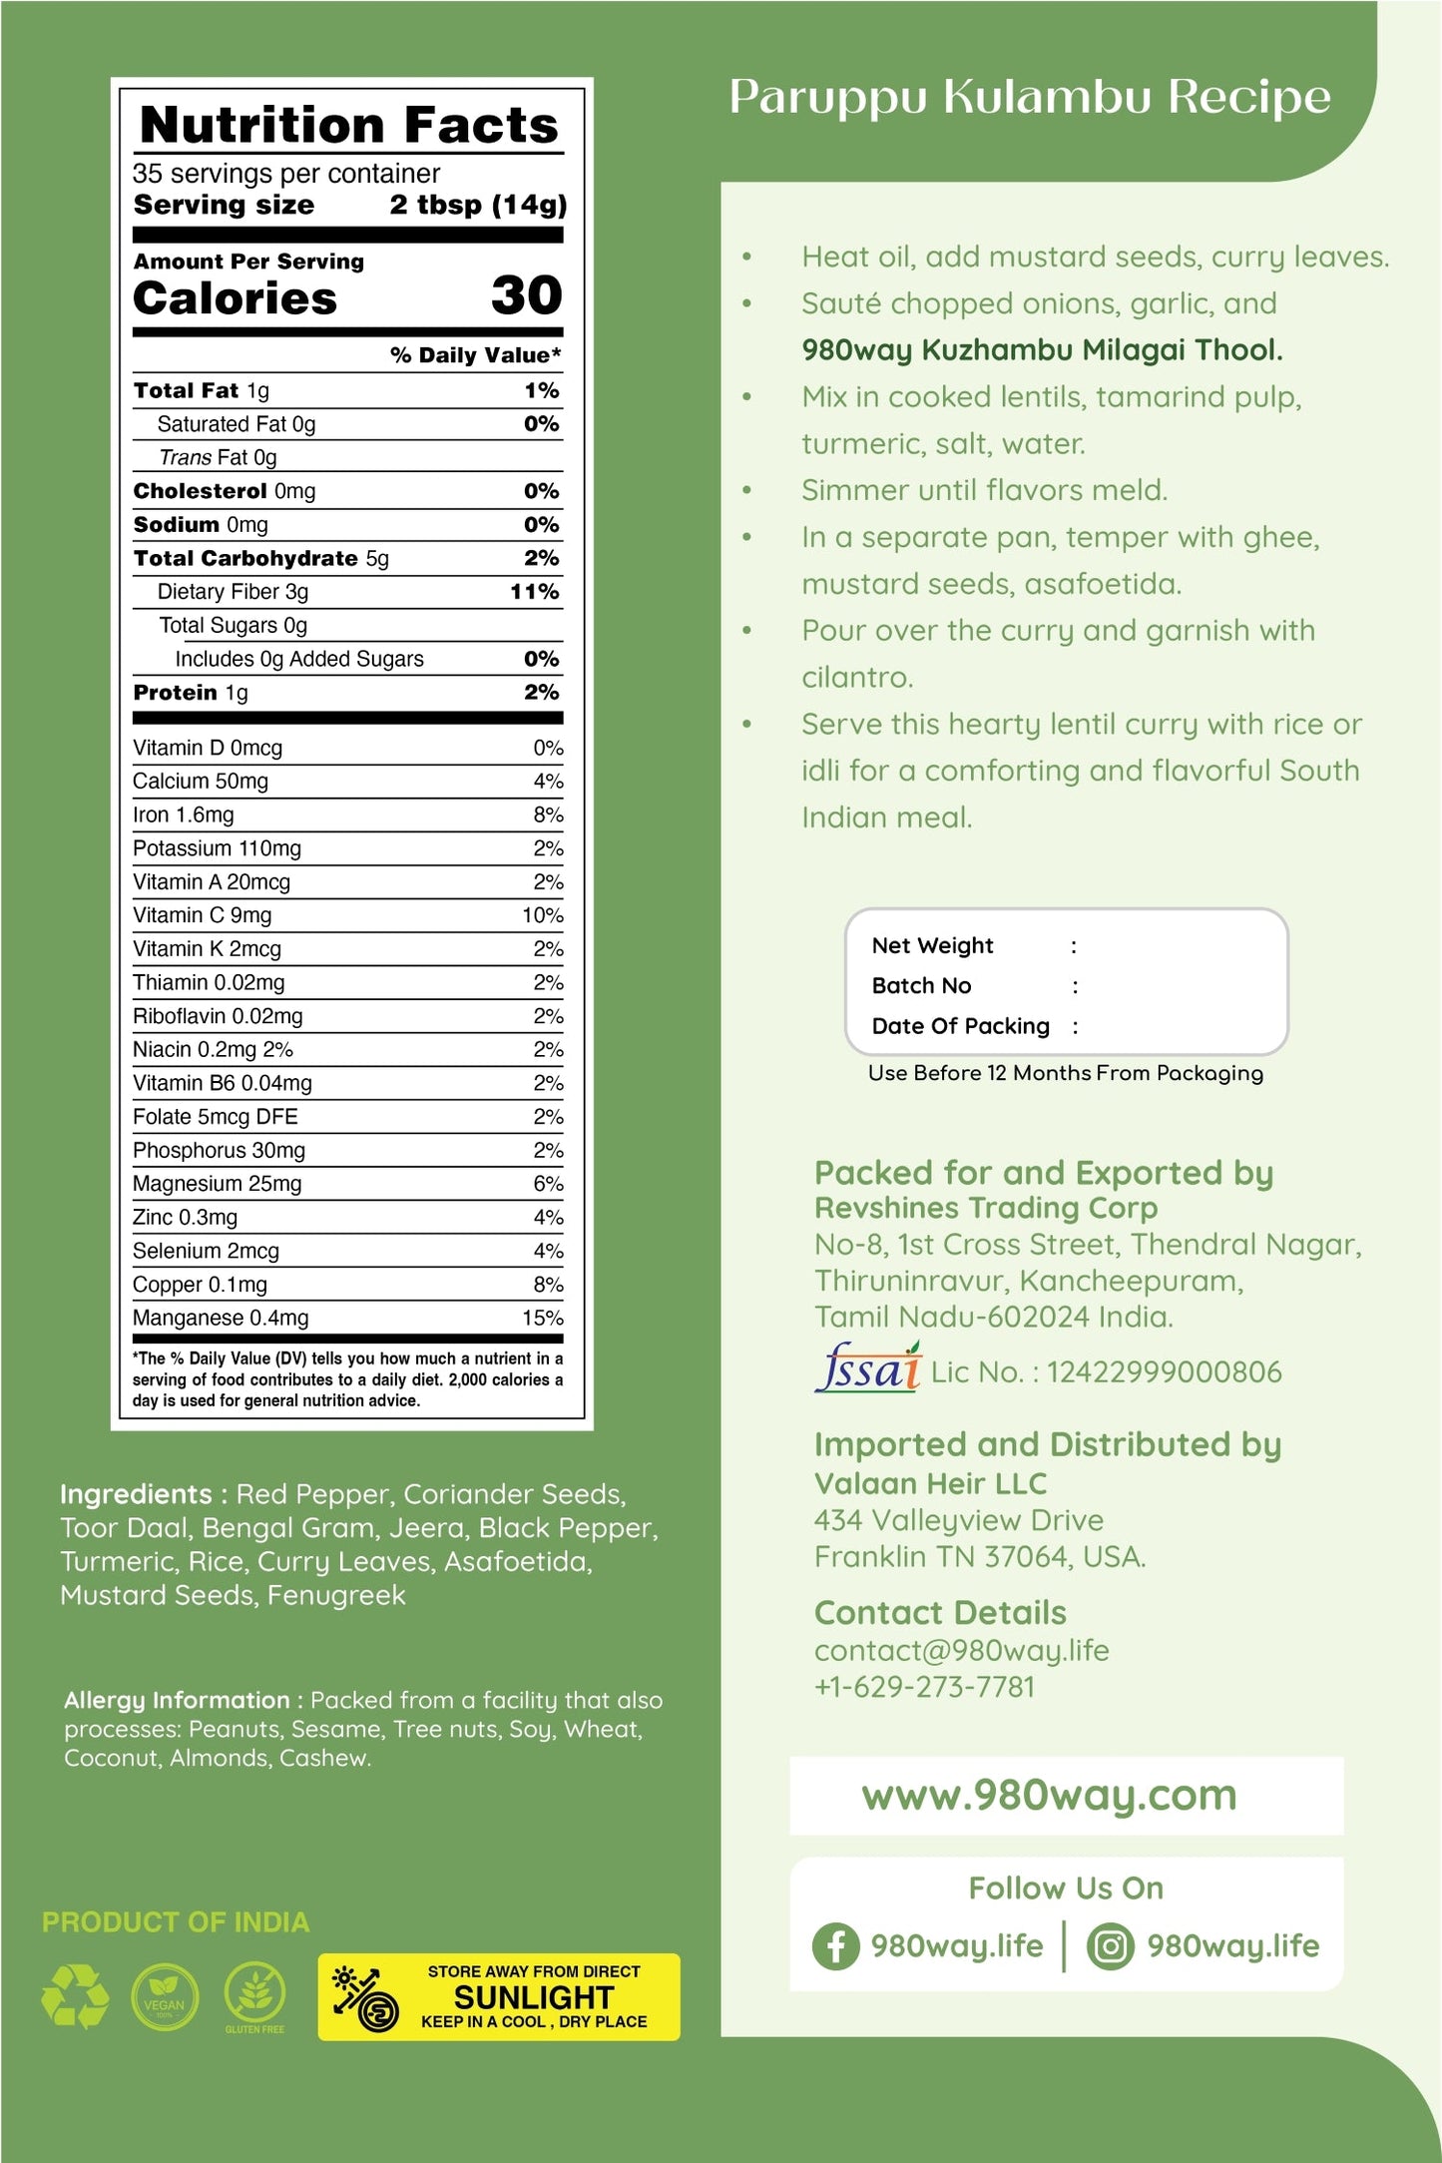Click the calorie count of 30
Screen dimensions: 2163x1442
526,295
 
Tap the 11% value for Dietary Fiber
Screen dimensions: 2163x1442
534,592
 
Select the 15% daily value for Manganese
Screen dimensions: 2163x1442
542,1318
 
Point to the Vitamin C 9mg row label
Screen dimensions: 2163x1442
203,915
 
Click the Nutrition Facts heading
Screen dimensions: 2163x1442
348,125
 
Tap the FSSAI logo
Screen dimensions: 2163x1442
867,1368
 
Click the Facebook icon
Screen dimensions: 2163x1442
835,1945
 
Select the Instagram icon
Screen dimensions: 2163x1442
1110,1945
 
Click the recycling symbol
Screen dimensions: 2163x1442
75,1996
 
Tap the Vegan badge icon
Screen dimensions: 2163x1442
165,1996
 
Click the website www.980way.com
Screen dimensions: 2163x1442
1049,1796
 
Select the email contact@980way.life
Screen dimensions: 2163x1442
961,1650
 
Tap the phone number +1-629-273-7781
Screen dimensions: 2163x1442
924,1687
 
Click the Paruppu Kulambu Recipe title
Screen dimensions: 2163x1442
1029,98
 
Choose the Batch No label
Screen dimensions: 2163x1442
921,986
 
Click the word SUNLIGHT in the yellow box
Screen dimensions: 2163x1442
533,1997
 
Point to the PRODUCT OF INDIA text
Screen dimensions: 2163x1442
176,1921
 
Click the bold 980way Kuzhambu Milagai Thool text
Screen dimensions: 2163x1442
1042,350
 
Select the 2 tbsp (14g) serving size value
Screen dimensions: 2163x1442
477,205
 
